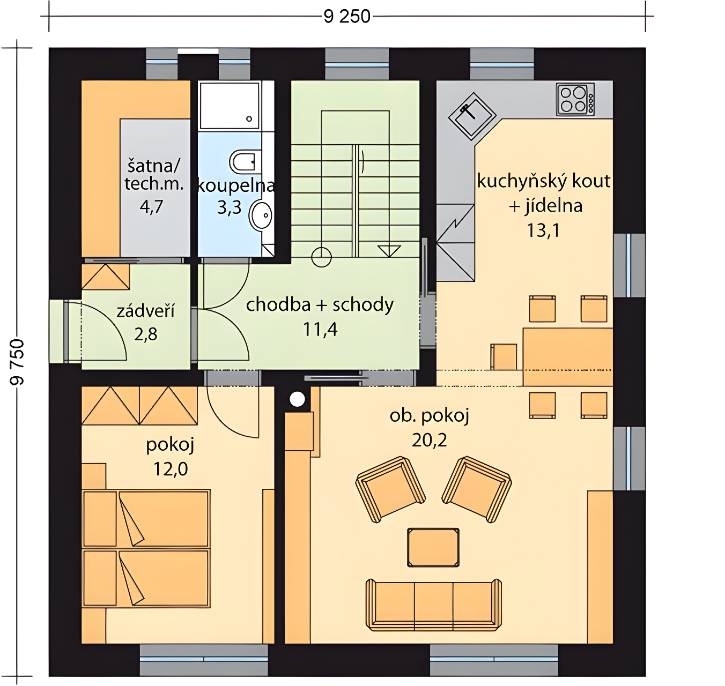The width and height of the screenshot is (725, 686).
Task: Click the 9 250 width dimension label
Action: coord(346,17)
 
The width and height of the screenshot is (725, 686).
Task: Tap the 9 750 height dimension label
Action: coord(17,362)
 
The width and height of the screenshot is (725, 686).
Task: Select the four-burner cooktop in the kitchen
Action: coord(575,99)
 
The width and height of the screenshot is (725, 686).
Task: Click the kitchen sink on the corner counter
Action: coord(472,116)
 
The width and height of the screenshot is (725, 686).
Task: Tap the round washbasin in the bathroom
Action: coord(262,215)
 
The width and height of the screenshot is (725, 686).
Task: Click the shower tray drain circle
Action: coord(249,118)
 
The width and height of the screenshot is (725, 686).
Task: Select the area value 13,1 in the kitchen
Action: coord(543,231)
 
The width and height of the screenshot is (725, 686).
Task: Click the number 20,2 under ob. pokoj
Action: coord(429,440)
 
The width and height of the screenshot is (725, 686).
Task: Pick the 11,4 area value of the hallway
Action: coord(320,329)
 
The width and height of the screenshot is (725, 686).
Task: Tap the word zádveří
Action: coord(146,311)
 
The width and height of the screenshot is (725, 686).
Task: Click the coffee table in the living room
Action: coord(433,547)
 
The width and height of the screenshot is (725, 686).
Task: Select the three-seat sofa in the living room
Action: coord(434,605)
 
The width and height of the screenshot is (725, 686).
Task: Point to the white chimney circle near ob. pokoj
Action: coord(297,399)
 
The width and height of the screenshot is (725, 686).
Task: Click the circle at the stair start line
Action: coord(321,257)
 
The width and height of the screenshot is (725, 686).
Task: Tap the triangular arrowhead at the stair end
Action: coord(389,251)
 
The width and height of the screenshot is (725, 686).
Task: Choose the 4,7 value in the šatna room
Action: coord(151,207)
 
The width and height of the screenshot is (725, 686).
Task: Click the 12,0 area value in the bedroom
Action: coord(171,469)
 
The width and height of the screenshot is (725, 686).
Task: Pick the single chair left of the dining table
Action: coord(504,356)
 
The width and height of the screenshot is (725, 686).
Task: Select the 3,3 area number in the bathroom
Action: coord(229,207)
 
